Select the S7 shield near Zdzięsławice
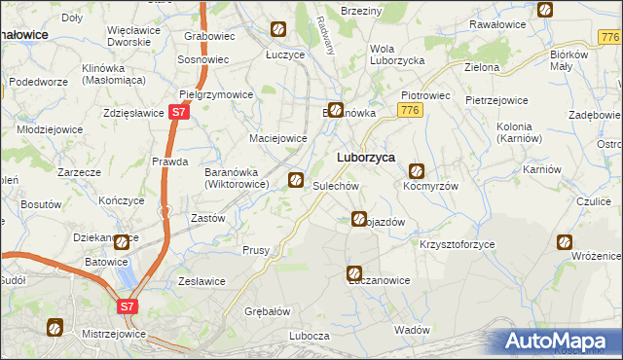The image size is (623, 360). pos(176,113)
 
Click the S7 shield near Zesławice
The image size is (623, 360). pos(127,306)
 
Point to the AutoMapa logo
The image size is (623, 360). pos(559,342)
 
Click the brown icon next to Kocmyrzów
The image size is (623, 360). pos(417,170)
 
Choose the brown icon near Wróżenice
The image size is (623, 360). pos(565,242)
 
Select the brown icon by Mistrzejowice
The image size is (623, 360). pos(55,328)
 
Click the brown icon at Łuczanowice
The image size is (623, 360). pos(355,274)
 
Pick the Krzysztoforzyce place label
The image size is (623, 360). pos(458,244)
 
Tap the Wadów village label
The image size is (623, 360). pos(413,330)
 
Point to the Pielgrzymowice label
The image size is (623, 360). pos(217,95)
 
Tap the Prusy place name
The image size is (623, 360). pos(255,250)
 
